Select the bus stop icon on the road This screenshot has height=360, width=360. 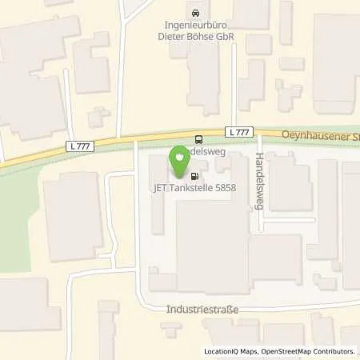(x=199, y=138)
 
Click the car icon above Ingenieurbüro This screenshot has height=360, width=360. (x=196, y=12)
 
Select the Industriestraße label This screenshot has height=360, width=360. (x=202, y=309)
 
